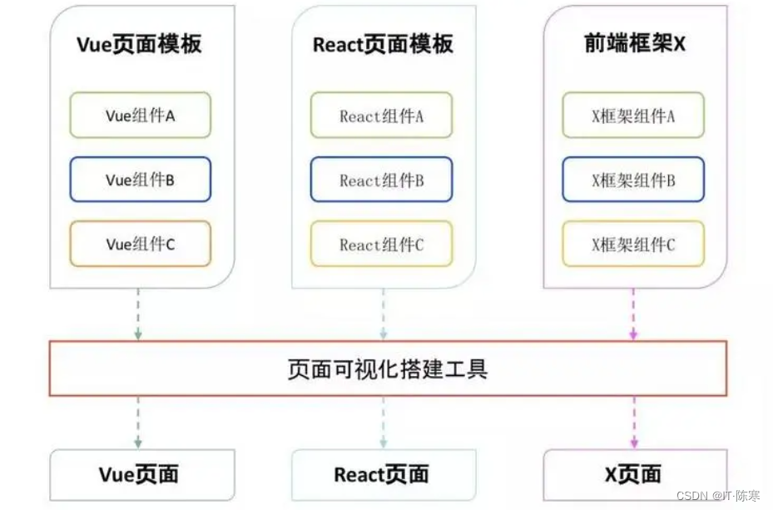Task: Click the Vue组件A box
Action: click(140, 115)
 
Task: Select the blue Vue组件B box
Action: click(140, 179)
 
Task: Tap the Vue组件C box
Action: click(140, 244)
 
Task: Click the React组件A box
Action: click(382, 116)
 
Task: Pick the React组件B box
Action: click(382, 180)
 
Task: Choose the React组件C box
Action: click(382, 245)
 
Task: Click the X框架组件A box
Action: click(633, 116)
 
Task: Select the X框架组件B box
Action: click(633, 180)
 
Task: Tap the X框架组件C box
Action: click(633, 245)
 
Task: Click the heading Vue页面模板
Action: click(139, 44)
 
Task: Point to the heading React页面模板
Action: click(383, 44)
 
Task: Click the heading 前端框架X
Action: click(635, 44)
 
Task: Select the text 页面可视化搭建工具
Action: click(387, 368)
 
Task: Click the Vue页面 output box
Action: click(139, 475)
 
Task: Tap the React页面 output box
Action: click(383, 475)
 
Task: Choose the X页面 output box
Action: click(633, 475)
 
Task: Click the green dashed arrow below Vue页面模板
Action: click(138, 314)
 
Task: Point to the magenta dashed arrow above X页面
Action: click(633, 423)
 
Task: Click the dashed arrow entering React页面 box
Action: click(383, 423)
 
